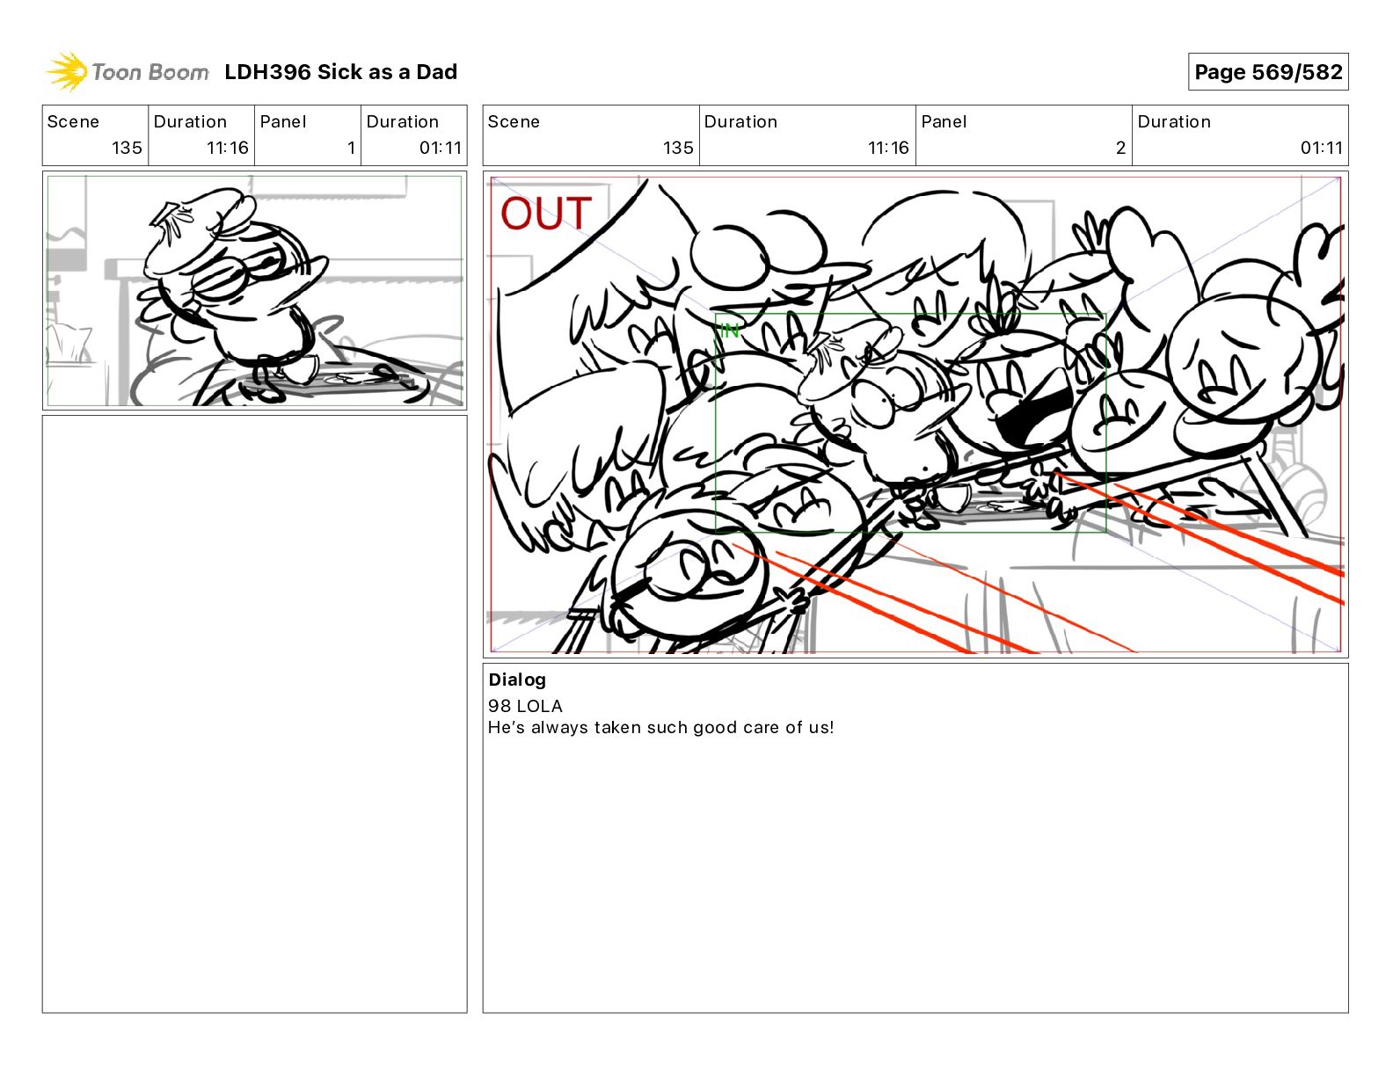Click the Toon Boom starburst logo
tap(67, 71)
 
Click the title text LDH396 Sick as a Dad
tap(340, 72)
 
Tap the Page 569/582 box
tap(1267, 72)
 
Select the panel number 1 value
tap(351, 148)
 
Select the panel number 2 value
tap(1120, 148)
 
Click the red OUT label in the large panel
tap(545, 214)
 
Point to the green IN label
tap(730, 331)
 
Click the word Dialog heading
tap(517, 680)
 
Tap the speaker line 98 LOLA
tap(525, 706)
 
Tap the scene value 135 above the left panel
tap(127, 148)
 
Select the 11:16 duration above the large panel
tap(888, 148)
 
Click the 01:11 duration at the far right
tap(1321, 148)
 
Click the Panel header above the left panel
tap(282, 122)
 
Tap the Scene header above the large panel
tap(514, 122)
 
